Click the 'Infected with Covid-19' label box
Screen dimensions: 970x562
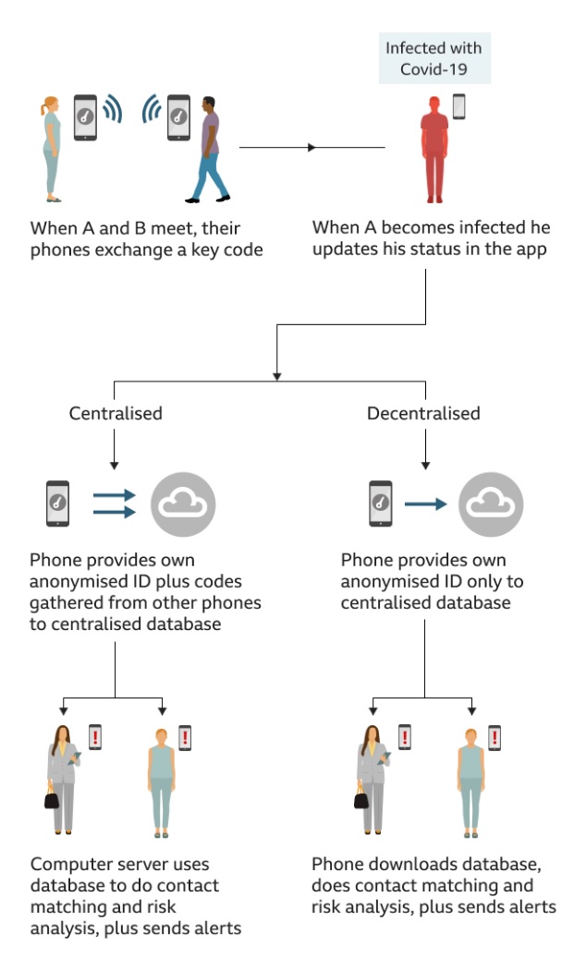click(434, 59)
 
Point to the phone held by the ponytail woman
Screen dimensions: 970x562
click(85, 117)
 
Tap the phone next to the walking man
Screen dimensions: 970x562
click(178, 117)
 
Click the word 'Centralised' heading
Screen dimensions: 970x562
click(116, 413)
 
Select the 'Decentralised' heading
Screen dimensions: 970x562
click(423, 413)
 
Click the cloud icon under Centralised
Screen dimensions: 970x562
click(183, 504)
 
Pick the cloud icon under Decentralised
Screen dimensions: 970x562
click(491, 504)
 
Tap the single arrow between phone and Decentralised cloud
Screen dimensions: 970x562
click(424, 504)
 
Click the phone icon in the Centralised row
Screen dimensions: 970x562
click(57, 503)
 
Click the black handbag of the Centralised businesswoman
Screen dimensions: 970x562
click(52, 798)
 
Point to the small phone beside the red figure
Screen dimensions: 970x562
click(458, 107)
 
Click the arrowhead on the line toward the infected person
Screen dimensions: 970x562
click(312, 148)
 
